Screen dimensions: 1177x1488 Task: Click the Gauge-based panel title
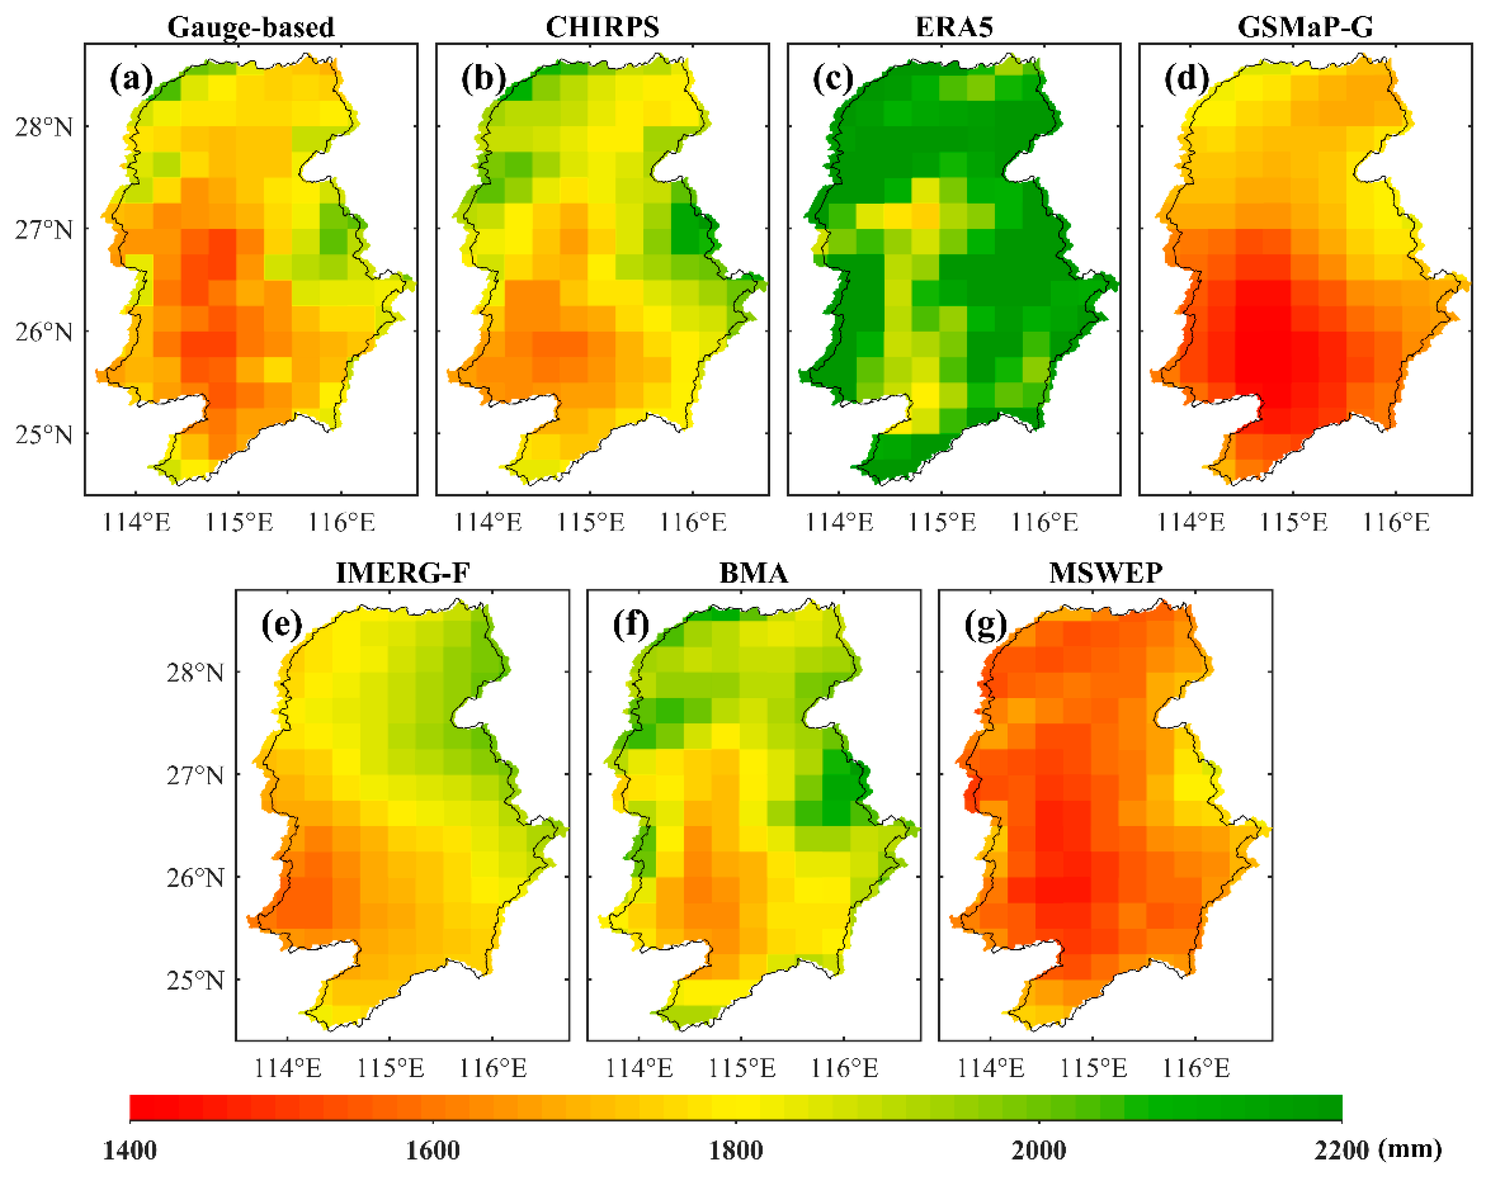tap(251, 27)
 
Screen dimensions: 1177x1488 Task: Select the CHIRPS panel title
tap(602, 27)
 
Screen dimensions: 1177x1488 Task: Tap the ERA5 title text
tap(954, 27)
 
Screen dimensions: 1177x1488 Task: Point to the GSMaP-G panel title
tap(1305, 27)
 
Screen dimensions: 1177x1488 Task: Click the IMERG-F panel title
tap(402, 572)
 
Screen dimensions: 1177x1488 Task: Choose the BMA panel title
tap(754, 572)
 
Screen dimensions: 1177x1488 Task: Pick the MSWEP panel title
tap(1106, 572)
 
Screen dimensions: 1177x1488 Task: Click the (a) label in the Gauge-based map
tap(131, 79)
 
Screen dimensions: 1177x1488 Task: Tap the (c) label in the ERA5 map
tap(833, 79)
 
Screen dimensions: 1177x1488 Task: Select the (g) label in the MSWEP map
tap(986, 625)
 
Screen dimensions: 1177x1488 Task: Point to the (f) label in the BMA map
tap(631, 625)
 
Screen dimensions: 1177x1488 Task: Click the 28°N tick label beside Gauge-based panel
tap(43, 127)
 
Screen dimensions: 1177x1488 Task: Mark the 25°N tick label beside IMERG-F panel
tap(195, 980)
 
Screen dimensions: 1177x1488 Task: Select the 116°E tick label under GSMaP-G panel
tap(1395, 522)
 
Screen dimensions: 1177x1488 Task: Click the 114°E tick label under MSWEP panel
tap(990, 1068)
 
